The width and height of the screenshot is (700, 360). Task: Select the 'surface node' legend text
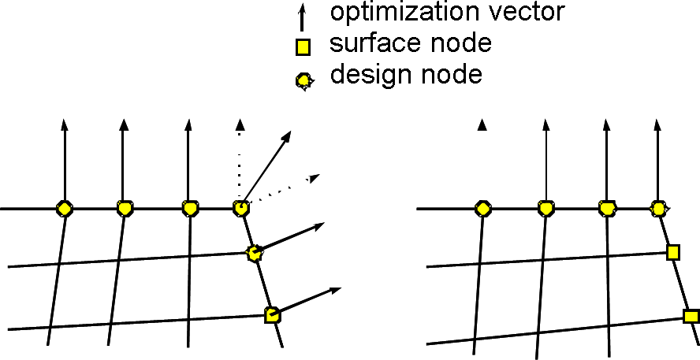(410, 43)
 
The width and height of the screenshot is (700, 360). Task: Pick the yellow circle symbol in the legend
(303, 80)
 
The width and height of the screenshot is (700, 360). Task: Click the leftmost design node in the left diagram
(65, 209)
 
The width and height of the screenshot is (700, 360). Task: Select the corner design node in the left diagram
(241, 209)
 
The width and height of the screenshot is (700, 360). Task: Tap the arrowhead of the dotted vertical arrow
(240, 124)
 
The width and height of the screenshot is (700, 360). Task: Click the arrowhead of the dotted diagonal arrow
(314, 176)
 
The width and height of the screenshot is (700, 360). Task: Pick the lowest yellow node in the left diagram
(272, 315)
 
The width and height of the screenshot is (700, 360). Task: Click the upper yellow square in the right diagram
(672, 252)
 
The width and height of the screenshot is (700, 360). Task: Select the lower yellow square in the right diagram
(691, 316)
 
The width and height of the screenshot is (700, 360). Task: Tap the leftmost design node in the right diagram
(482, 209)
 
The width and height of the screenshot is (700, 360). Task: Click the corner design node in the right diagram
(658, 209)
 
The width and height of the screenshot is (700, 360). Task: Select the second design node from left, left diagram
(124, 209)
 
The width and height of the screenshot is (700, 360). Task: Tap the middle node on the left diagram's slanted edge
(254, 253)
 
